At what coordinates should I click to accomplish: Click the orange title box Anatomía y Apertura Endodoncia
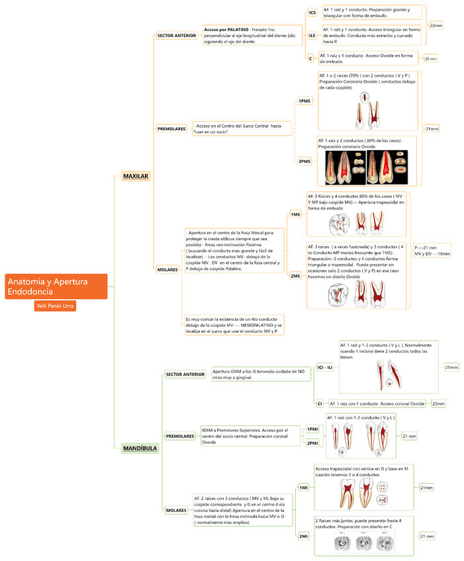(56, 286)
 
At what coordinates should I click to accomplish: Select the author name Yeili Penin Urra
(55, 306)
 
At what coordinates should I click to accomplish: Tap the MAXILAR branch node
(136, 176)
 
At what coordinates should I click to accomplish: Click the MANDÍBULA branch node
(140, 448)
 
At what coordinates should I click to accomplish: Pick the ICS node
(312, 13)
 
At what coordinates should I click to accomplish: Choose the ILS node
(312, 35)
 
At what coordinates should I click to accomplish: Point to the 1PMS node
(304, 101)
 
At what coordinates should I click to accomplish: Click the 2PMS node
(304, 161)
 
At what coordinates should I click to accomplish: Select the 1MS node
(295, 214)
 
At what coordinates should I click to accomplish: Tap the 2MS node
(295, 275)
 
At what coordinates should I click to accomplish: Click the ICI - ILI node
(324, 367)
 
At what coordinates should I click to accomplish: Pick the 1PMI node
(312, 429)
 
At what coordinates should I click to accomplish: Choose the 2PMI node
(312, 443)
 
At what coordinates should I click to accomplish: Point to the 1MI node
(304, 488)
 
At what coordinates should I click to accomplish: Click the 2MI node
(304, 536)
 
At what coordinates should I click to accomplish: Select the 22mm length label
(436, 25)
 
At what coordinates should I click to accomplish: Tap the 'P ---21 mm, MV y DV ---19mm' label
(432, 251)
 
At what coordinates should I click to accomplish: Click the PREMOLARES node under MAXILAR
(171, 128)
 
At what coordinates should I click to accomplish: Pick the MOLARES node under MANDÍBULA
(176, 511)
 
